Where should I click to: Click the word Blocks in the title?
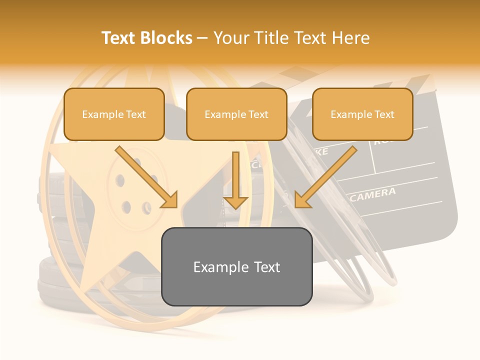point(166,38)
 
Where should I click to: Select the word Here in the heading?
point(351,38)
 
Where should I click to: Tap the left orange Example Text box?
point(114,114)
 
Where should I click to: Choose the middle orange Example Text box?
point(236,114)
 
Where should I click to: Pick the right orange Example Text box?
point(362,114)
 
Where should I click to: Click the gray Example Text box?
point(236,266)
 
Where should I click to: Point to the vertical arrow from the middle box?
point(235,180)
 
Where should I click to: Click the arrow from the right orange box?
point(325,177)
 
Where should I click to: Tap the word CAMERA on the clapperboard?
point(373,195)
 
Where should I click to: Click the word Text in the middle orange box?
point(258,114)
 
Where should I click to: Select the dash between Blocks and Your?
point(202,38)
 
